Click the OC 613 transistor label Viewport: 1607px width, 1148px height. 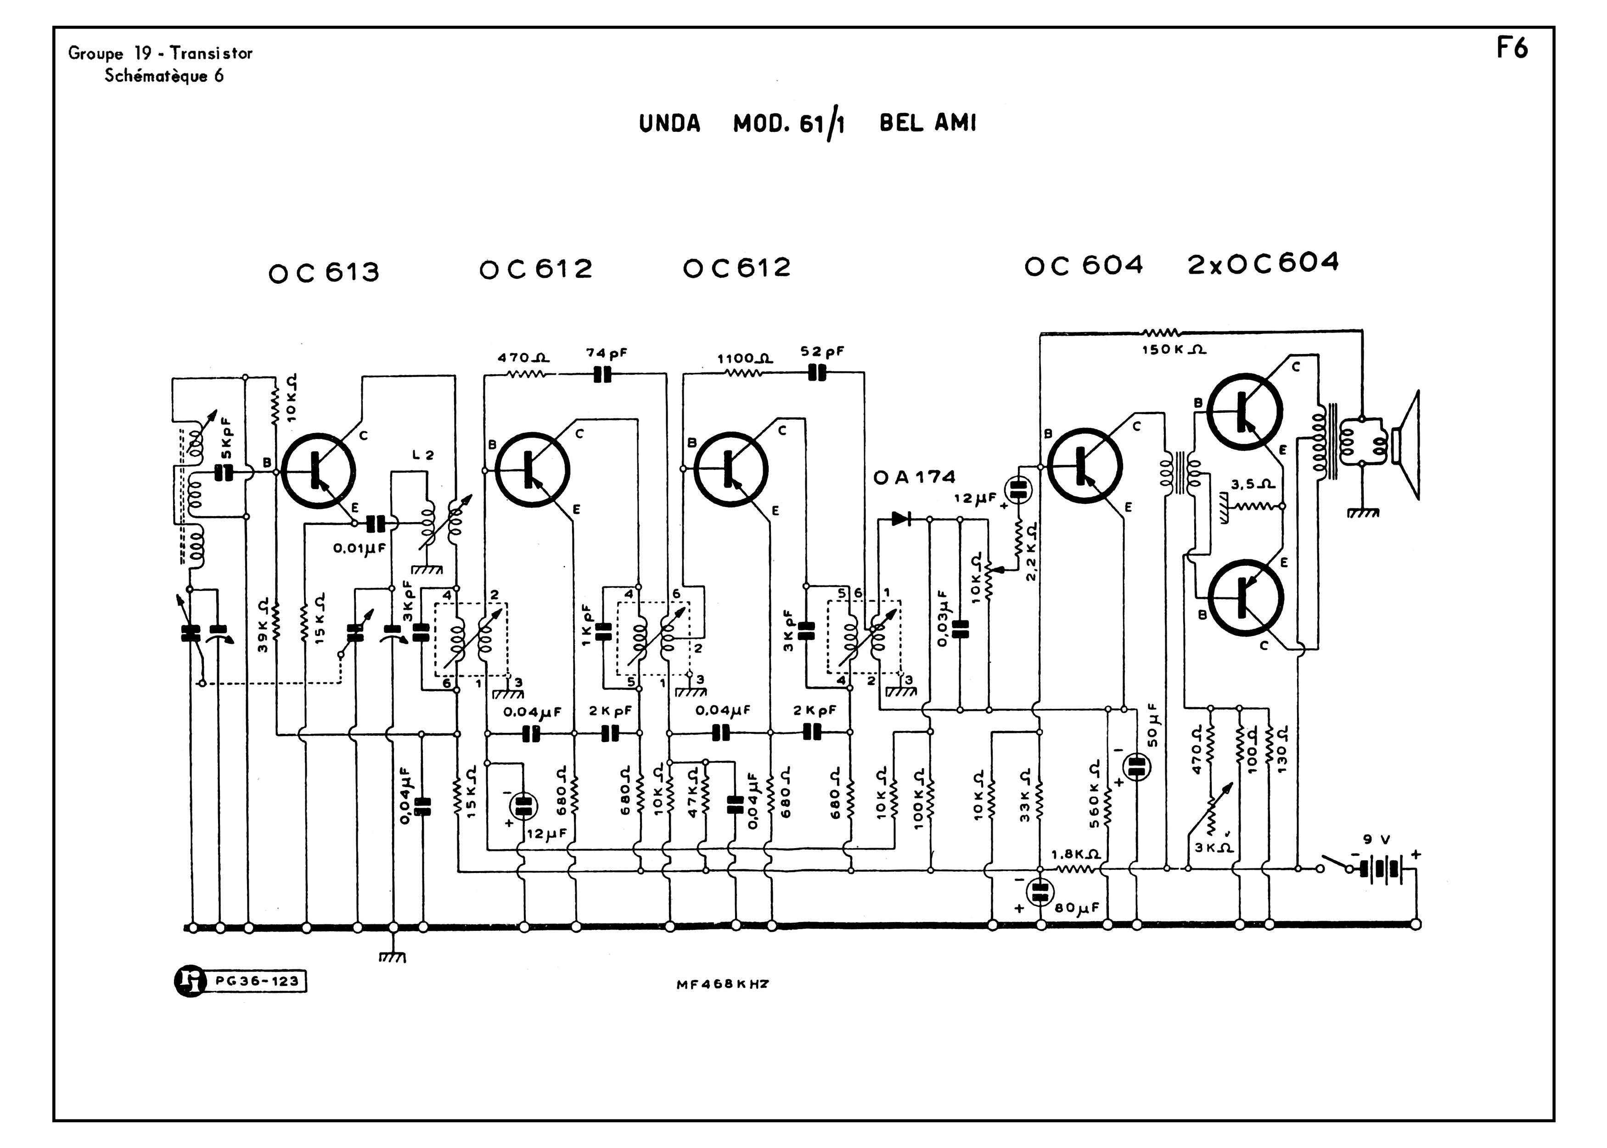[324, 273]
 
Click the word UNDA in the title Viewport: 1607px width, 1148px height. [669, 124]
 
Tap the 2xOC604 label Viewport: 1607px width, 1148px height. [1263, 264]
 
